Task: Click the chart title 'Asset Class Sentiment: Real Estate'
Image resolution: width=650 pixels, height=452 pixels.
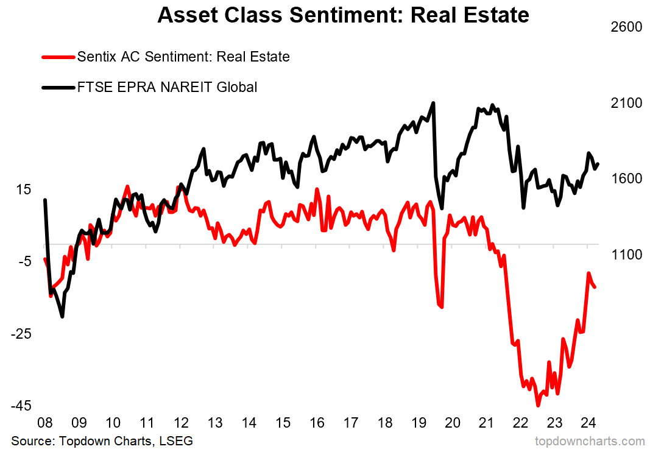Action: click(343, 15)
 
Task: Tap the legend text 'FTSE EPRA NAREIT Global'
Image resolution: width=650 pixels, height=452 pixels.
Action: click(167, 87)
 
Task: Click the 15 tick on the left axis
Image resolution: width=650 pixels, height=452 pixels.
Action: click(23, 189)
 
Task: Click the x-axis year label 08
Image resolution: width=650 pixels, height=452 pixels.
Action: click(44, 423)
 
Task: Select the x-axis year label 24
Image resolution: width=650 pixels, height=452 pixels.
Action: click(587, 423)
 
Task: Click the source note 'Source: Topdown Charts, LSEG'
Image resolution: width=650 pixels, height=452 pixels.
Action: click(102, 440)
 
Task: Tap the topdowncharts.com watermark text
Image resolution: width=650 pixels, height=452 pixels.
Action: click(589, 440)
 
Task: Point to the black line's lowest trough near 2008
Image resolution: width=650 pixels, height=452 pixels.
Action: click(62, 316)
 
